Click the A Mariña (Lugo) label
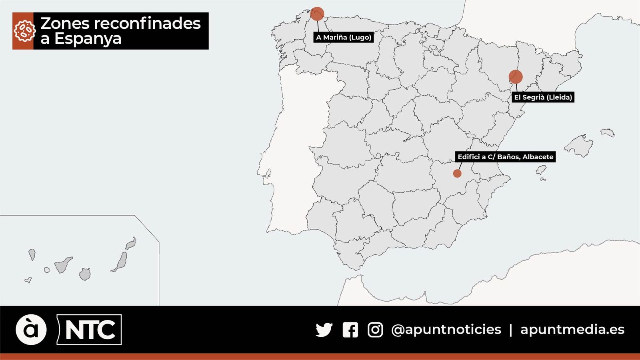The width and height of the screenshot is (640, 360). coord(344,37)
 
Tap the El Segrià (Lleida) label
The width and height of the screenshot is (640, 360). coord(543,97)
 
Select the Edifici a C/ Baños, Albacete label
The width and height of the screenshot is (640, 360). coord(505,157)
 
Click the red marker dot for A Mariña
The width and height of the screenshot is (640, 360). coord(317,14)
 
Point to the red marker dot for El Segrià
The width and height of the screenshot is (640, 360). coord(516,77)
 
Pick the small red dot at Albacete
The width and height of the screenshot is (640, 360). coord(457,174)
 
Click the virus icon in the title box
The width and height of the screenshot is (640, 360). coord(23,31)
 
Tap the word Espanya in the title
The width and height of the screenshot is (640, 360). coord(88,39)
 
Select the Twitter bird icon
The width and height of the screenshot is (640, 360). coord(324,330)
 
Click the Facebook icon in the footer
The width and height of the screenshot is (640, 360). coord(350,330)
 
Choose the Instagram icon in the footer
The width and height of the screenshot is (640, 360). coord(375,330)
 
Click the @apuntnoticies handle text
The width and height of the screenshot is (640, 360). coord(446,330)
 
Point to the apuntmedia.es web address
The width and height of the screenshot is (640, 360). coord(572,330)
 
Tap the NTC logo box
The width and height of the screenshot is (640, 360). coord(90,330)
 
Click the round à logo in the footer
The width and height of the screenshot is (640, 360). coord(31,330)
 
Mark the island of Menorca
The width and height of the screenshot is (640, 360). coord(608,132)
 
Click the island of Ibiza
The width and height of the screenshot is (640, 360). coord(541,170)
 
